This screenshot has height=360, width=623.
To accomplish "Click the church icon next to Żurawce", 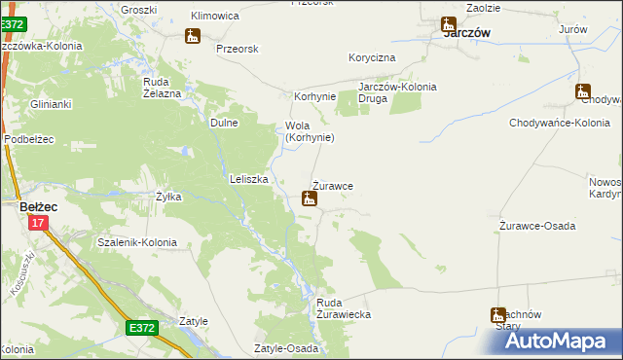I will pyautogui.click(x=310, y=199).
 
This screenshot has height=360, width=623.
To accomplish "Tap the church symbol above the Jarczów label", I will pyautogui.click(x=449, y=25).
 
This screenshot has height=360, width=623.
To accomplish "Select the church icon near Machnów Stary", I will pyautogui.click(x=498, y=314).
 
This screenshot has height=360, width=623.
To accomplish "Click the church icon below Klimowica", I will pyautogui.click(x=192, y=36).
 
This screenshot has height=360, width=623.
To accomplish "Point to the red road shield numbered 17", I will pyautogui.click(x=37, y=223).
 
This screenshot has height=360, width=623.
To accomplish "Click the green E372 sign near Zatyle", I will pyautogui.click(x=142, y=329).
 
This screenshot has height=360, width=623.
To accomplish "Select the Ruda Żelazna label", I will pyautogui.click(x=163, y=88).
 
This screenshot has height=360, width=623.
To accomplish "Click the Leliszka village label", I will pyautogui.click(x=248, y=179).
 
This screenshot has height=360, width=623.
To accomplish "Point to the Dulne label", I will pyautogui.click(x=225, y=123).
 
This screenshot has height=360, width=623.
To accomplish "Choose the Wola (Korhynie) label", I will pyautogui.click(x=310, y=131).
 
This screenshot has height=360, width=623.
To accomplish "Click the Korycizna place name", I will pyautogui.click(x=372, y=58).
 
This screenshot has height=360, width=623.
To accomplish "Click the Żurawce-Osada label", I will pyautogui.click(x=537, y=226).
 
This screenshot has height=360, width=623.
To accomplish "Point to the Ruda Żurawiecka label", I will pyautogui.click(x=344, y=309).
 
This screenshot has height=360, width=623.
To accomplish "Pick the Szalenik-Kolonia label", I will pyautogui.click(x=137, y=241).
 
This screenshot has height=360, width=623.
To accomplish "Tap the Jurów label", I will pyautogui.click(x=573, y=30).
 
